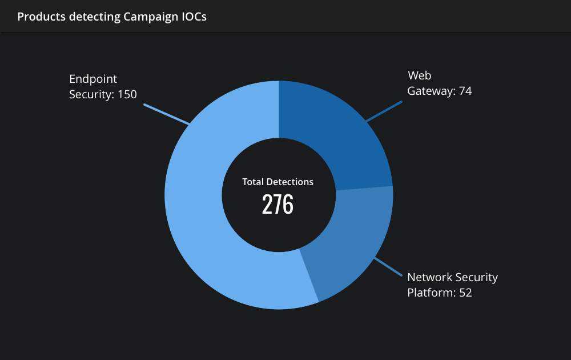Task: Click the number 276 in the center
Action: [x=278, y=204]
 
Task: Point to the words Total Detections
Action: [x=278, y=182]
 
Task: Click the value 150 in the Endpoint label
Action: [x=127, y=94]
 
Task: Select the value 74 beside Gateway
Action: [x=465, y=91]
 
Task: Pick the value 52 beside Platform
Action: [x=465, y=293]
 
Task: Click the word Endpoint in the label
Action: [x=93, y=79]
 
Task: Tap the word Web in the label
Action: [x=420, y=75]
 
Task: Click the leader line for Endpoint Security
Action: [x=166, y=114]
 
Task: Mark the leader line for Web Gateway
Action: [x=384, y=111]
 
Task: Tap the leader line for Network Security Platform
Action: [x=388, y=267]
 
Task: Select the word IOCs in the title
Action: [x=194, y=17]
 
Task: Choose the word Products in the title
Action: [x=42, y=17]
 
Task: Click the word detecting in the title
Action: [x=95, y=17]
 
